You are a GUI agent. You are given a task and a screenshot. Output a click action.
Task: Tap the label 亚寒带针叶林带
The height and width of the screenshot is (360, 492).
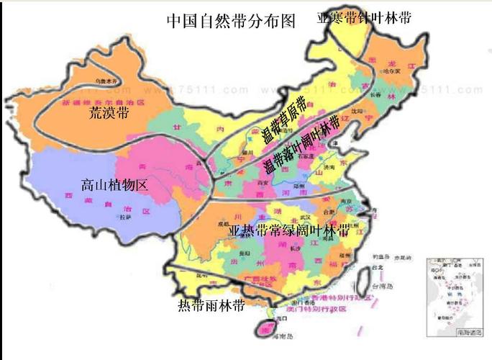click(365, 18)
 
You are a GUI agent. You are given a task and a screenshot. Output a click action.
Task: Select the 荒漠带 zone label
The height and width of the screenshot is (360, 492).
click(109, 114)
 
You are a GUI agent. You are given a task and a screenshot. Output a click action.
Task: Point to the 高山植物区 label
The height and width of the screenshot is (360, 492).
click(114, 186)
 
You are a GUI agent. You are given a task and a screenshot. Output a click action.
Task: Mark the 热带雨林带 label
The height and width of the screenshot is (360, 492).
click(211, 305)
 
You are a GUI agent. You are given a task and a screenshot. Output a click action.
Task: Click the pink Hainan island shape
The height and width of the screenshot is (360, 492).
click(268, 329)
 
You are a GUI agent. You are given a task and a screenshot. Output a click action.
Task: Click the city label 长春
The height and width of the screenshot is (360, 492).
click(375, 94)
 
